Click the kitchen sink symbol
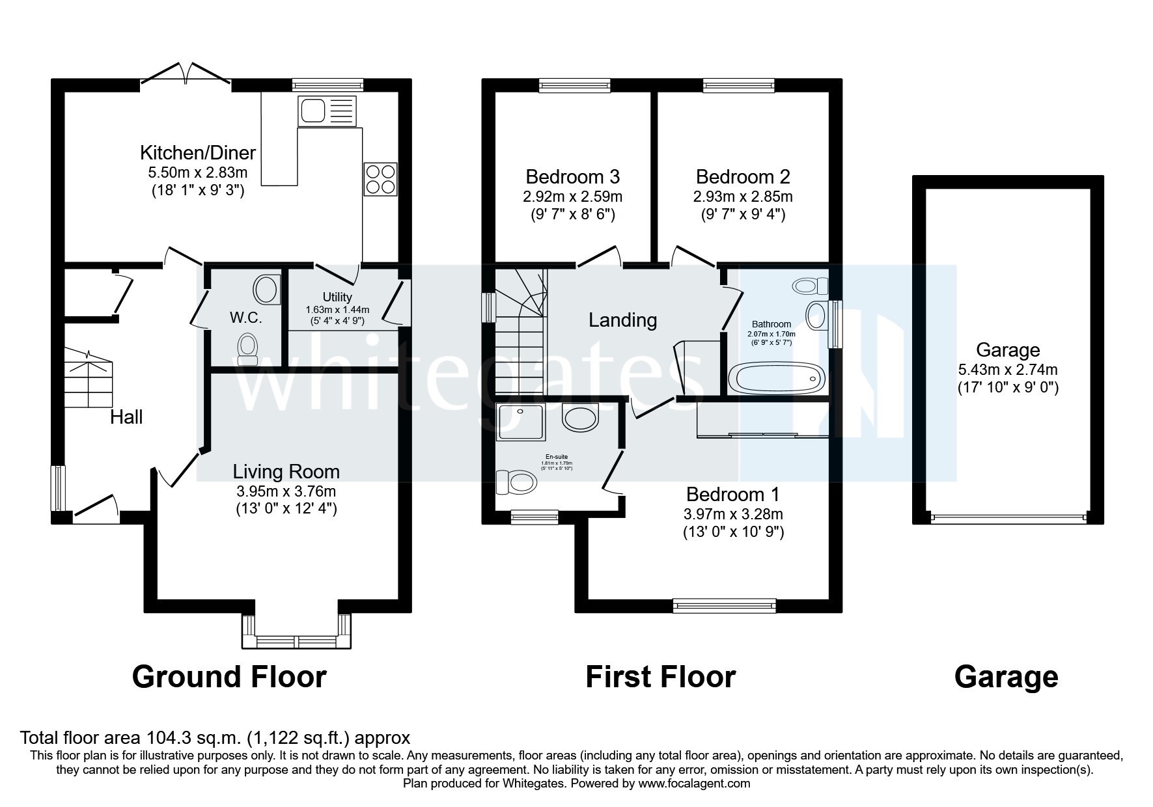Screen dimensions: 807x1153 click(327, 111)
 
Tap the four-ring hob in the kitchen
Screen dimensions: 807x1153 click(380, 179)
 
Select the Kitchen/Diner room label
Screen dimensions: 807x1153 click(198, 154)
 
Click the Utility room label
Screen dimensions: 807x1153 click(337, 297)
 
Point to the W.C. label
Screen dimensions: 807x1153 click(245, 318)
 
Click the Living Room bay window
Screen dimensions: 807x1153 click(297, 641)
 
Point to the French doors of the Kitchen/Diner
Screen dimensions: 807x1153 click(186, 73)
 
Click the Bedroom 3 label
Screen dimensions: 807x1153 click(572, 177)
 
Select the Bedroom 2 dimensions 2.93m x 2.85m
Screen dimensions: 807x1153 click(743, 196)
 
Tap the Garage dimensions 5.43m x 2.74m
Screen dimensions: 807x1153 click(1008, 370)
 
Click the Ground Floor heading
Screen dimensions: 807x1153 click(229, 677)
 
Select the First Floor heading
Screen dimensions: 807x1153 click(660, 677)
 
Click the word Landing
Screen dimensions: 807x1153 click(622, 320)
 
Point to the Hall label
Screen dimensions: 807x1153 click(126, 417)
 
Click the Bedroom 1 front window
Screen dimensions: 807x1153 click(725, 606)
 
